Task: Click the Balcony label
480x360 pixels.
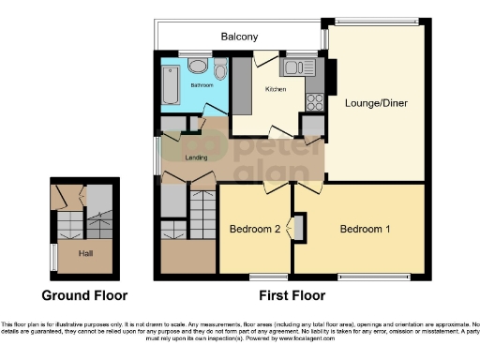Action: point(240,37)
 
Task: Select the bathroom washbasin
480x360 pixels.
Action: point(197,66)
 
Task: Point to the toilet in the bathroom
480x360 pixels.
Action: point(219,69)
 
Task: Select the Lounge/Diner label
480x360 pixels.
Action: point(372,102)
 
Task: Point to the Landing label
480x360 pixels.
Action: point(197,157)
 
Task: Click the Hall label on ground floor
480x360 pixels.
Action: point(85,253)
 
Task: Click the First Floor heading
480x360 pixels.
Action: point(292,294)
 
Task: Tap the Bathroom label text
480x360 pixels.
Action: point(202,85)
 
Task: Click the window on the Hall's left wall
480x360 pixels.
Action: point(52,256)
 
